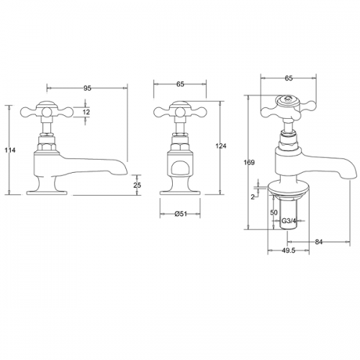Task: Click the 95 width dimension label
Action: (x=87, y=89)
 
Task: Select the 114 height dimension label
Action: (x=10, y=150)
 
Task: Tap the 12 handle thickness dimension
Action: (x=86, y=112)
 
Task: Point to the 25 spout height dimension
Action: (x=137, y=185)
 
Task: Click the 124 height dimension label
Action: (x=221, y=145)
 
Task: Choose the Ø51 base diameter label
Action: (x=181, y=214)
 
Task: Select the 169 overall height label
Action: (x=249, y=163)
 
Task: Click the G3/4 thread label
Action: (x=289, y=220)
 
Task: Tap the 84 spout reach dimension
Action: (x=318, y=242)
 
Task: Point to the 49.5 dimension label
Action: (x=288, y=251)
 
